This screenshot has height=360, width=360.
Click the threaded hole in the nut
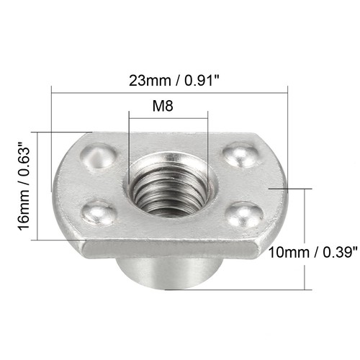tap(168, 186)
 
